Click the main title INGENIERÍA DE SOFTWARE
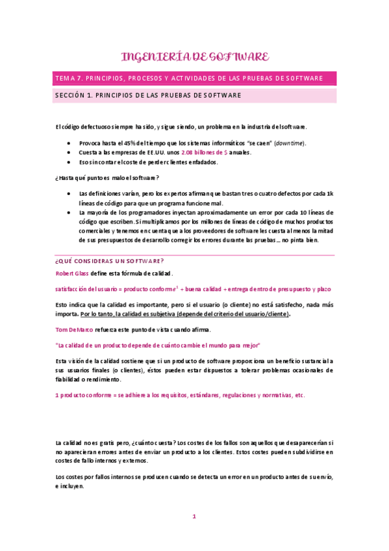194,57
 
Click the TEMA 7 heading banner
194,78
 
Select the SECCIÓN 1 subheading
149,95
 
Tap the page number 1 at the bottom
194,517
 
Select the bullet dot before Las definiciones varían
69,194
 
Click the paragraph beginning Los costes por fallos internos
194,481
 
